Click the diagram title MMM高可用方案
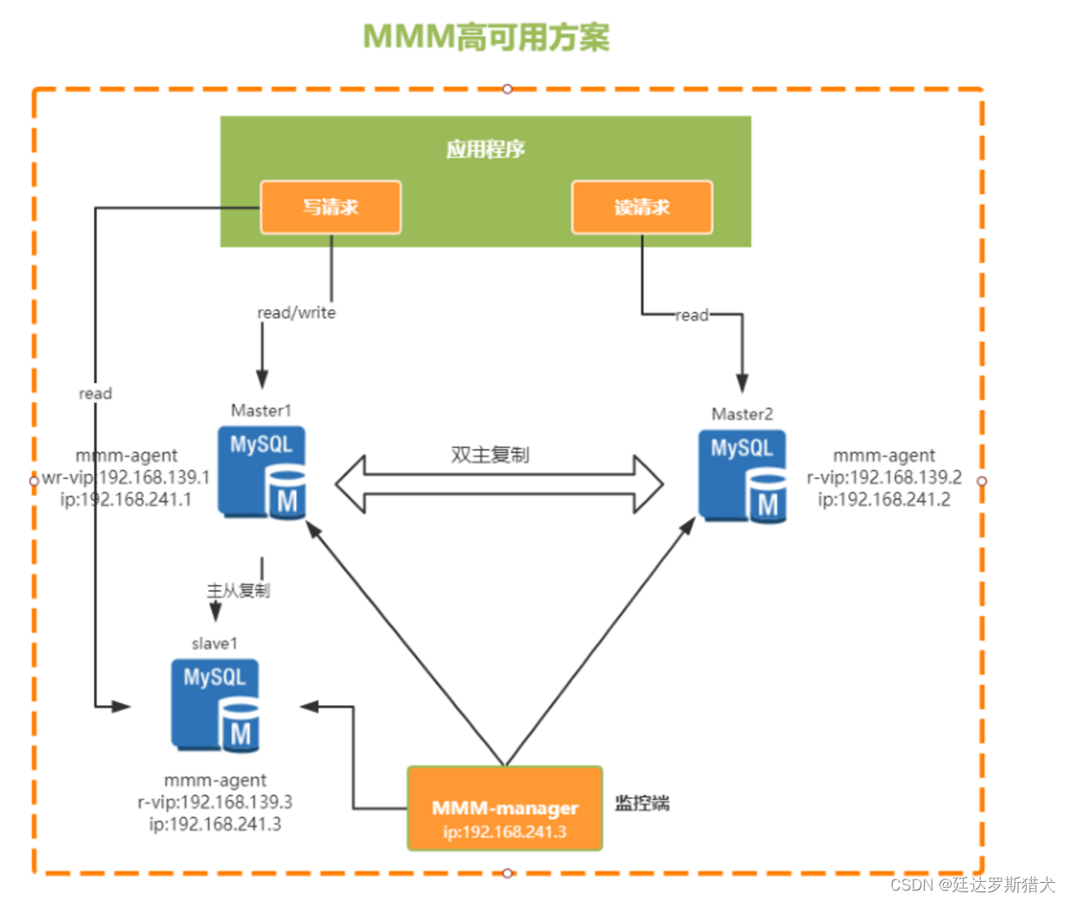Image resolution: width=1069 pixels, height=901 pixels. tap(485, 37)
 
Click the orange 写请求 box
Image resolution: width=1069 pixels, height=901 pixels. tap(331, 207)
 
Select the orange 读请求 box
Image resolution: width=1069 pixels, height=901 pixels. tap(642, 207)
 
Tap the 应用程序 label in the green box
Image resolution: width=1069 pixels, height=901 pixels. tap(485, 149)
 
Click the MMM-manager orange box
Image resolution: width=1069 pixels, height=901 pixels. tap(504, 809)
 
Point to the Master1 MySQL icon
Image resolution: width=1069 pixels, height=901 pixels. tap(262, 472)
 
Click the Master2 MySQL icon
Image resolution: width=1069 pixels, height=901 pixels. tap(743, 476)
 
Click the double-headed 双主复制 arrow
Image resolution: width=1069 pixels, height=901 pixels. tap(499, 484)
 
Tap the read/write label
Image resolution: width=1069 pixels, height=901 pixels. tap(296, 312)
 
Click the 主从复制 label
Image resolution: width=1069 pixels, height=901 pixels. tap(238, 590)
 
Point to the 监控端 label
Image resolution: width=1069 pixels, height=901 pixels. tap(642, 803)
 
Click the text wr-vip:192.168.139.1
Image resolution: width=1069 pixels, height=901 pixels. tap(126, 477)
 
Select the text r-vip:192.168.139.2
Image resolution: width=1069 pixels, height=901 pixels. tap(884, 477)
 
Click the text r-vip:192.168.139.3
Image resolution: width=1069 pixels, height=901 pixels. tap(215, 802)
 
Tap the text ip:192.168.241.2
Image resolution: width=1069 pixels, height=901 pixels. tap(884, 500)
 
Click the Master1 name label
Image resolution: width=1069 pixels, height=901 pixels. tap(261, 410)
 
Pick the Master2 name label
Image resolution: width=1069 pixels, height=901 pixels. tap(742, 414)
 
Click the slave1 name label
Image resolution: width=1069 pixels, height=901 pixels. tap(214, 644)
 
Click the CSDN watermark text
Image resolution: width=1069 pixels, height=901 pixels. tap(972, 885)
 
